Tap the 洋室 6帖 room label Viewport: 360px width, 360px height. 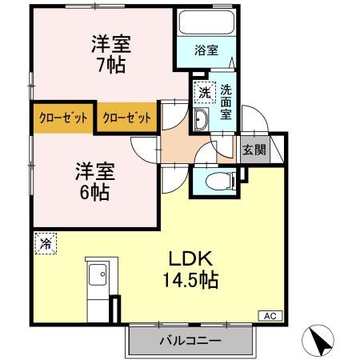[94, 181]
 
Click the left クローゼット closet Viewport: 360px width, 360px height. [62, 118]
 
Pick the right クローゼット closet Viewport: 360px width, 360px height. [126, 118]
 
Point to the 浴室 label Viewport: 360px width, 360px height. [207, 50]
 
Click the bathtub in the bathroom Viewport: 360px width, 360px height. [207, 22]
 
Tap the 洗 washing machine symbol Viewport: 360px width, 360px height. [205, 92]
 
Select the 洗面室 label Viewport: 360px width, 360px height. [226, 102]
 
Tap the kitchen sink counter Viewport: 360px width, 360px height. [98, 284]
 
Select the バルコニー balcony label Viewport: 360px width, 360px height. [190, 342]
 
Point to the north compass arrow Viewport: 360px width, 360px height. [322, 342]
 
